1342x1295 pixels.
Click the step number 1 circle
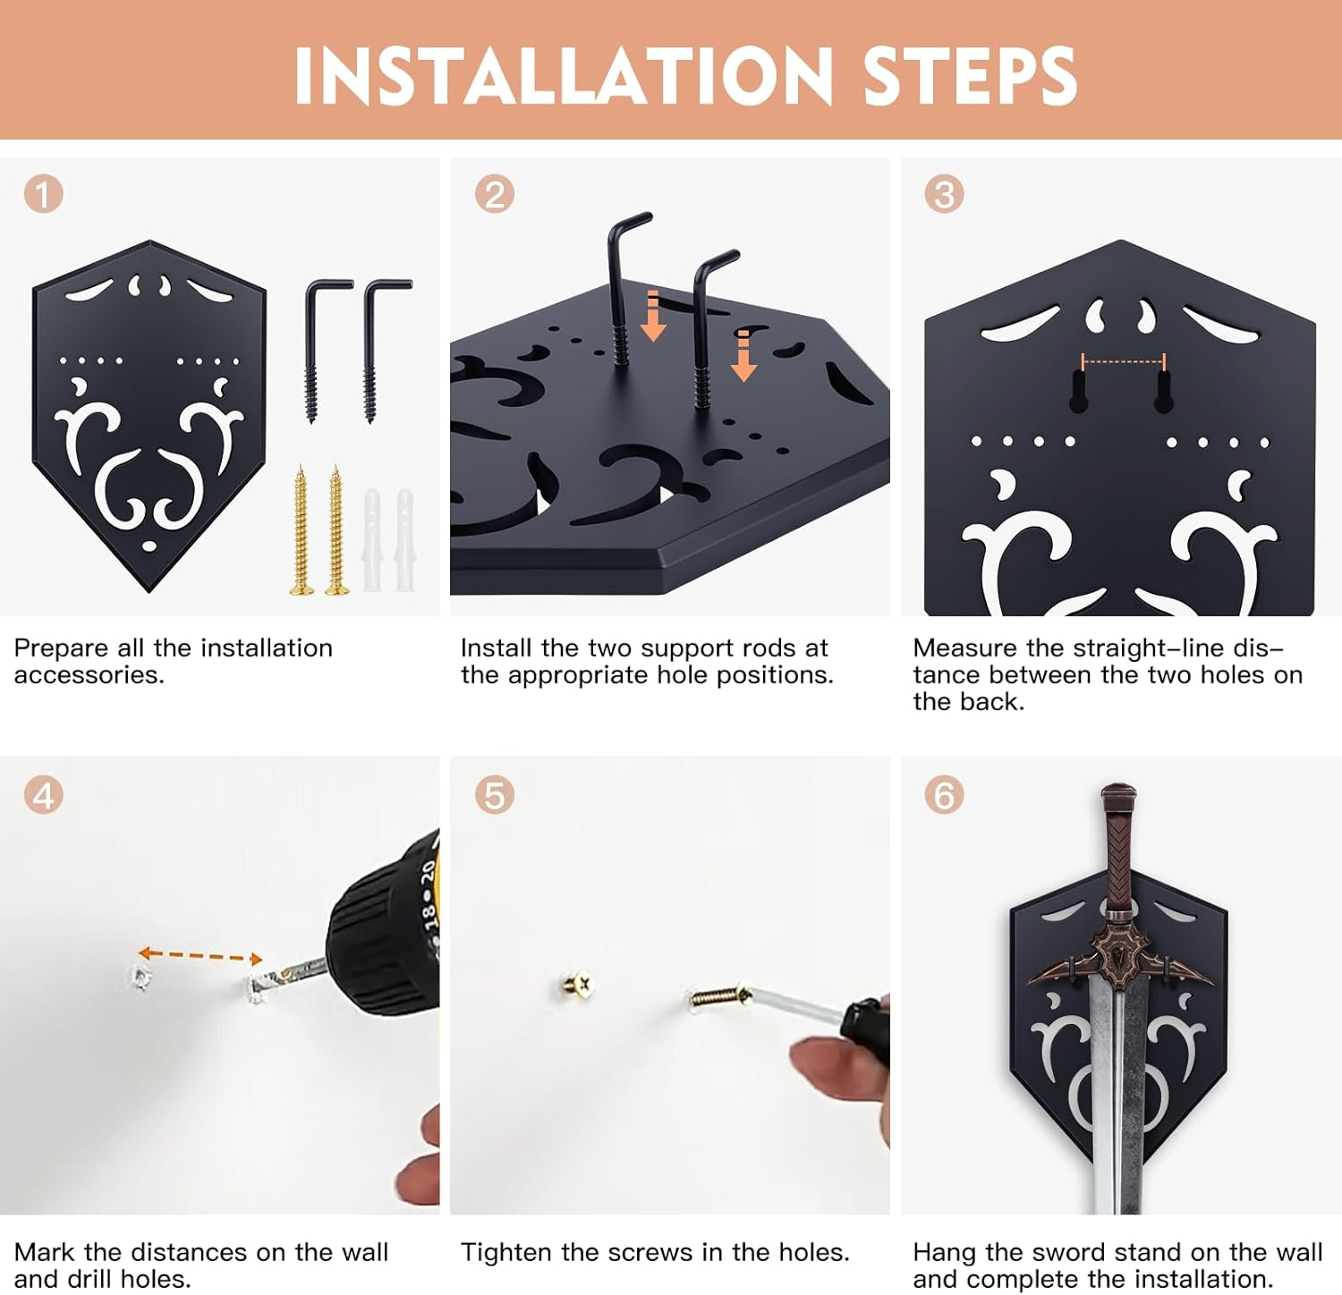(43, 194)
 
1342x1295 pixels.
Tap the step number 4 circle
(43, 795)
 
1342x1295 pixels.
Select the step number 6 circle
(944, 795)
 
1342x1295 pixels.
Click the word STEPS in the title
(970, 75)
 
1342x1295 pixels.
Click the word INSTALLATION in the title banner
(564, 75)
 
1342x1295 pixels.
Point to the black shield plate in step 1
(149, 416)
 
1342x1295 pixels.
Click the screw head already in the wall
(578, 986)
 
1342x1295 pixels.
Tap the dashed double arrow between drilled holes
(200, 956)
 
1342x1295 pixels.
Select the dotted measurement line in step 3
(1124, 362)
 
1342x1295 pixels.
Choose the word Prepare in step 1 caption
(59, 648)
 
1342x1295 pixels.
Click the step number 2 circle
(494, 194)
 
